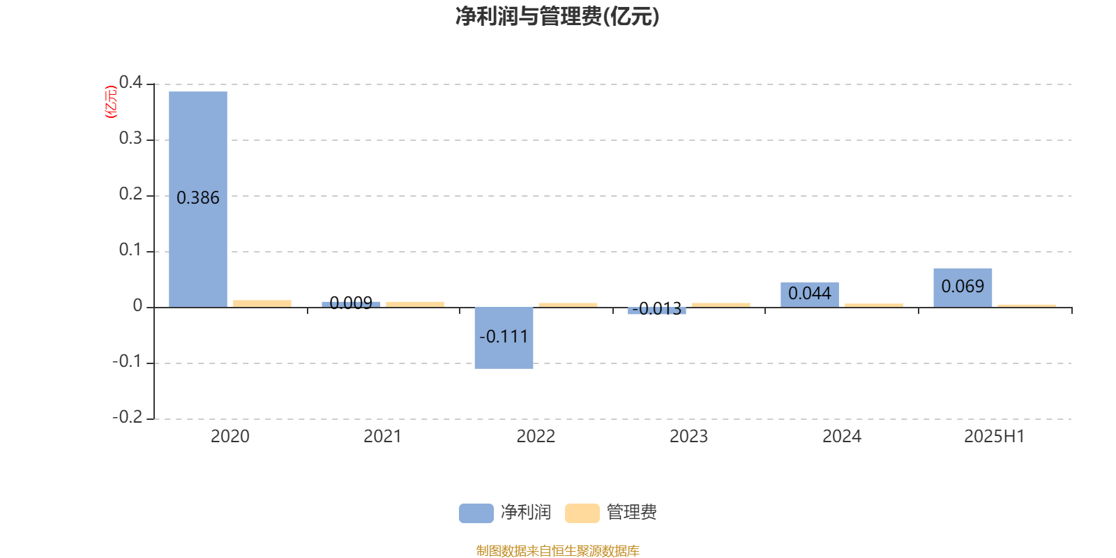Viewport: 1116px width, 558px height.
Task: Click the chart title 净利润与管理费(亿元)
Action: click(x=557, y=17)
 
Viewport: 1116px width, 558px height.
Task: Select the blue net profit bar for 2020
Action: click(x=198, y=199)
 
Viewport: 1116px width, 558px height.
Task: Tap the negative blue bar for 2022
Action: click(x=504, y=338)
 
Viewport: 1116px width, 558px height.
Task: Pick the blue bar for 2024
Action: click(x=810, y=295)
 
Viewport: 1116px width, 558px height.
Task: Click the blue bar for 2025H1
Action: click(x=963, y=288)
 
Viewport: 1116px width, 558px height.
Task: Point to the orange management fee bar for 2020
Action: click(x=262, y=303)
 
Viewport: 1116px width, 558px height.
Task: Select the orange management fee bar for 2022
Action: click(x=568, y=305)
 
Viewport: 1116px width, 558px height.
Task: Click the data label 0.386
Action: click(x=198, y=198)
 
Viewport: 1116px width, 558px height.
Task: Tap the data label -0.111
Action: click(x=504, y=337)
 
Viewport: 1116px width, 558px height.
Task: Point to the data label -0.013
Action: click(x=656, y=309)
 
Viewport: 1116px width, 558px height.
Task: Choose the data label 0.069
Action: click(x=963, y=287)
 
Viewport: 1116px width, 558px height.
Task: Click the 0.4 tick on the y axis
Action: click(x=130, y=82)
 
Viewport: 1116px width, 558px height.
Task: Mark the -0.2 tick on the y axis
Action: click(x=127, y=417)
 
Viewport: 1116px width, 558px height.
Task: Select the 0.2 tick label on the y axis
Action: click(x=130, y=194)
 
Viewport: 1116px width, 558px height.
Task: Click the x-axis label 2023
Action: click(x=688, y=437)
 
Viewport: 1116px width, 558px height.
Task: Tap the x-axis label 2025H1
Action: click(x=995, y=437)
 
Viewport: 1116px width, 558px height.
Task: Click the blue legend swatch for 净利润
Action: click(x=476, y=513)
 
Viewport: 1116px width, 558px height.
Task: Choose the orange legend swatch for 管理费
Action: click(x=582, y=513)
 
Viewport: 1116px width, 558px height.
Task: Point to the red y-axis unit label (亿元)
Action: click(x=111, y=102)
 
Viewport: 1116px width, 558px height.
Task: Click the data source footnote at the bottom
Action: click(x=557, y=550)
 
